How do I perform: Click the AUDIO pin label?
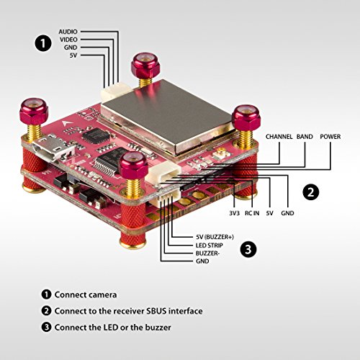pyautogui.click(x=68, y=32)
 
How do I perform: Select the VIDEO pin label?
pyautogui.click(x=68, y=40)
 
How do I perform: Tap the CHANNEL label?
pyautogui.click(x=279, y=137)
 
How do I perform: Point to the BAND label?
pyautogui.click(x=305, y=137)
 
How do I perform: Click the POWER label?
pyautogui.click(x=330, y=137)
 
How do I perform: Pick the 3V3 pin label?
pyautogui.click(x=234, y=213)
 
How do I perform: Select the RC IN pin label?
pyautogui.click(x=252, y=213)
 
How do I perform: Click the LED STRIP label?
pyautogui.click(x=210, y=246)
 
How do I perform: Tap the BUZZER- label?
pyautogui.click(x=207, y=253)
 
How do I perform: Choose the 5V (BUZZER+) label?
pyautogui.click(x=215, y=237)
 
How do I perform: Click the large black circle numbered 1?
pyautogui.click(x=43, y=43)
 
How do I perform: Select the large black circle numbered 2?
pyautogui.click(x=311, y=192)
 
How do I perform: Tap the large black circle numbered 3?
pyautogui.click(x=248, y=249)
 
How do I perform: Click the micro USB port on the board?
pyautogui.click(x=53, y=149)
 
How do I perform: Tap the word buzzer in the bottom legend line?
pyautogui.click(x=158, y=328)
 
